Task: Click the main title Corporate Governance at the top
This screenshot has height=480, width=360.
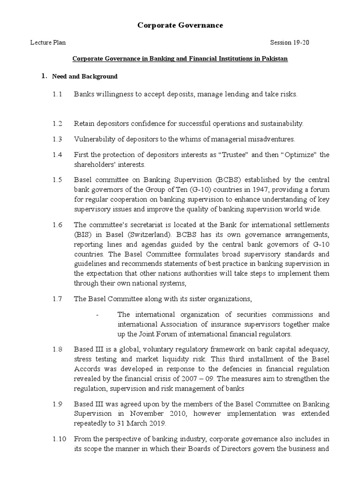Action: pyautogui.click(x=180, y=25)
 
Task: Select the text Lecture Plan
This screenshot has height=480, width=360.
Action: pyautogui.click(x=48, y=43)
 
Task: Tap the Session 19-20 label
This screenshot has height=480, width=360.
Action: pyautogui.click(x=290, y=43)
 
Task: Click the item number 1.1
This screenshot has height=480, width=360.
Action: pyautogui.click(x=57, y=94)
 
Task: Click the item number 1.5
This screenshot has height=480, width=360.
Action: pyautogui.click(x=57, y=180)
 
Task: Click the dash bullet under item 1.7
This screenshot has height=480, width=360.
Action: pyautogui.click(x=97, y=315)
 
